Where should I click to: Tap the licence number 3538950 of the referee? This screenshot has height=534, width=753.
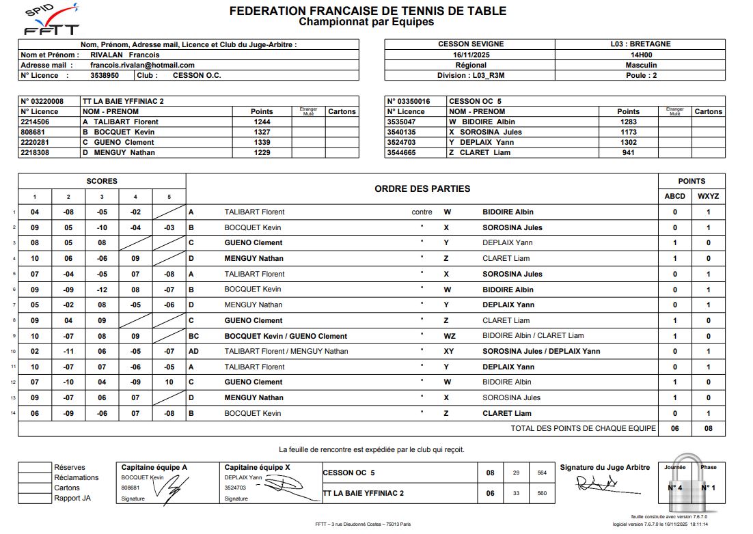[105, 75]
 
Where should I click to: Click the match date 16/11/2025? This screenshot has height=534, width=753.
[468, 55]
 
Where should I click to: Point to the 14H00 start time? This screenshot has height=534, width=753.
[640, 55]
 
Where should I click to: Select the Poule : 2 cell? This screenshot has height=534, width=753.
[640, 75]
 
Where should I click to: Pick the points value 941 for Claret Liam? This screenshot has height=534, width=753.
[628, 152]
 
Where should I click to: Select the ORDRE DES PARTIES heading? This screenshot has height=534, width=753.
[422, 188]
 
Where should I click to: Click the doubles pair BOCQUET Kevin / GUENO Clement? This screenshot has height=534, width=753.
[286, 336]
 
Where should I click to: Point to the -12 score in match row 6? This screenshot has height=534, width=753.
[101, 290]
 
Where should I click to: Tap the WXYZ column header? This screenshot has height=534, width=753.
[708, 196]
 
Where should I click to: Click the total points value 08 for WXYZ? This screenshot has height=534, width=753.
[708, 428]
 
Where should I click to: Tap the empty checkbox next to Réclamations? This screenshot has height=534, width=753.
[35, 477]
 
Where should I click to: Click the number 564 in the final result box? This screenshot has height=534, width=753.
[542, 473]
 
